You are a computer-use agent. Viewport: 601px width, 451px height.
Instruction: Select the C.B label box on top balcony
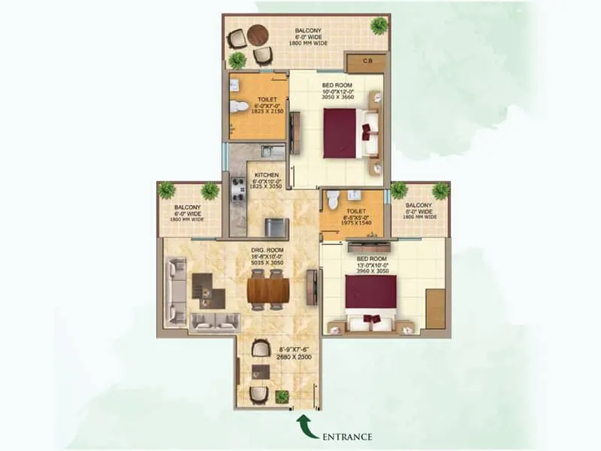pos(368,62)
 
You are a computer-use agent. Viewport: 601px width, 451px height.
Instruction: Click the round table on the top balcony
pos(258,35)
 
